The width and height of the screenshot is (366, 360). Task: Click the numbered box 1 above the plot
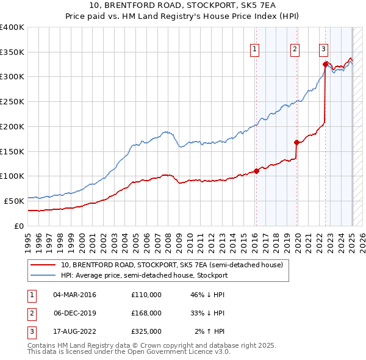pos(254,50)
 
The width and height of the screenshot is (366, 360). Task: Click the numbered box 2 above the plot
pos(295,50)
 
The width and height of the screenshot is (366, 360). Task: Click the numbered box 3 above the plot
pos(323,50)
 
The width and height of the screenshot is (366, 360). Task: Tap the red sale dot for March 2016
pos(256,171)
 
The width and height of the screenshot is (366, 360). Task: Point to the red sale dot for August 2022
pos(325,63)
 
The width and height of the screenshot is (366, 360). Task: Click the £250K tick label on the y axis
pos(12,101)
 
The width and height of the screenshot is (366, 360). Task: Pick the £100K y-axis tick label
pos(12,176)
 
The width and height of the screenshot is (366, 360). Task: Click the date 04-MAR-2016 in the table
pos(74,295)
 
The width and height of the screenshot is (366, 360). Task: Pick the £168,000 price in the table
pos(146,313)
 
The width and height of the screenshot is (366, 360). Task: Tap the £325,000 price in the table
pos(146,331)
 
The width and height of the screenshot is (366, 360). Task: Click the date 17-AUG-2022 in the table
pos(74,331)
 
